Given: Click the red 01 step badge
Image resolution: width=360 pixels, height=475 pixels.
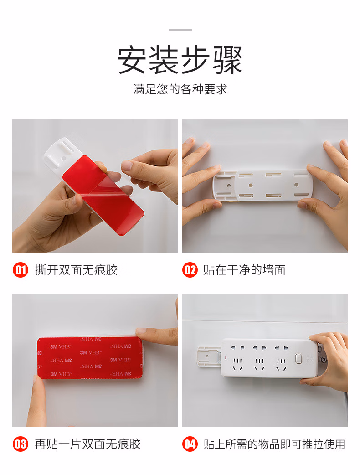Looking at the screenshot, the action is tap(21, 270).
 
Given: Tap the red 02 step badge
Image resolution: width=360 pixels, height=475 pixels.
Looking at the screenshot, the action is tap(190, 270).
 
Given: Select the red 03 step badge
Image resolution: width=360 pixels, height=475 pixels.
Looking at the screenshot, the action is tap(21, 444).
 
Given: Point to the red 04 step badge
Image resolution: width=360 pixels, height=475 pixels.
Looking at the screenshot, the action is tap(190, 444).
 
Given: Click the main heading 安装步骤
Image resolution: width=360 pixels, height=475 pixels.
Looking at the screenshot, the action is tap(180, 60).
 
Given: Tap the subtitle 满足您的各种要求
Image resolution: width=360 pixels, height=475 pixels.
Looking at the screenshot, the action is tap(180, 89).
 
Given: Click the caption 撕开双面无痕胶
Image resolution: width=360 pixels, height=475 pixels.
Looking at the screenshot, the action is tap(76, 270).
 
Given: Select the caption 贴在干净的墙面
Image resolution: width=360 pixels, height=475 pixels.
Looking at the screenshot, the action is tap(244, 270).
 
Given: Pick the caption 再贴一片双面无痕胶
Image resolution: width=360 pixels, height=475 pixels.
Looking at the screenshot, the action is tap(88, 444).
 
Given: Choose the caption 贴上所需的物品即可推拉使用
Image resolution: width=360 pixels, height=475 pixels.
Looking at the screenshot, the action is tap(274, 444).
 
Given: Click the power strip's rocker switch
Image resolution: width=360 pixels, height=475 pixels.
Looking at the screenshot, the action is tap(298, 358).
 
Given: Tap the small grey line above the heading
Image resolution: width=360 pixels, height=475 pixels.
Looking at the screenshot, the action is tap(180, 30).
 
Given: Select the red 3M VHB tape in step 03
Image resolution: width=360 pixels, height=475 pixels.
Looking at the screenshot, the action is tap(90, 358).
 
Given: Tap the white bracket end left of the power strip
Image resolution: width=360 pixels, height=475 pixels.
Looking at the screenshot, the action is tap(209, 356).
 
